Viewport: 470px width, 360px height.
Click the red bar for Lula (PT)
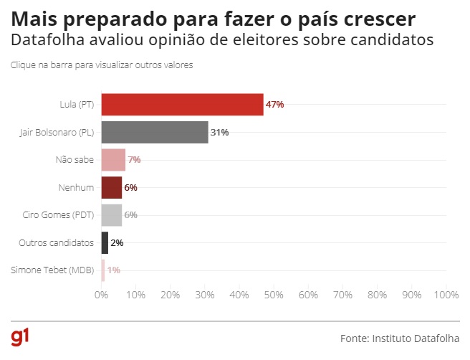point(182,104)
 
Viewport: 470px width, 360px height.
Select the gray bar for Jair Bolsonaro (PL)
point(154,132)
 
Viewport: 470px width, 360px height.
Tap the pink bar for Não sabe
point(113,159)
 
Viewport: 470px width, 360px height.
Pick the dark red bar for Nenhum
point(111,187)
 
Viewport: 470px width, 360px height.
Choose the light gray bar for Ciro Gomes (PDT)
point(111,214)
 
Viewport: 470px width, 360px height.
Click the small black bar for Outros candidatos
point(105,242)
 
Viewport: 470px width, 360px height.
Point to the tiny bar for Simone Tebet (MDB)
point(103,270)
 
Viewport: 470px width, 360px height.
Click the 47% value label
point(275,105)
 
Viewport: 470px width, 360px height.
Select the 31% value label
point(220,132)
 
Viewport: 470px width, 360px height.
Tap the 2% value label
point(117,243)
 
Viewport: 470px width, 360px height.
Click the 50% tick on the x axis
point(274,295)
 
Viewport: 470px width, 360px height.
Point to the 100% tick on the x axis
point(446,295)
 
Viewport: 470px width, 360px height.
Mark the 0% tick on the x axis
point(101,295)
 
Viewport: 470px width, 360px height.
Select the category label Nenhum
point(76,187)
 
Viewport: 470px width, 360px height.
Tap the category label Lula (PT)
point(77,105)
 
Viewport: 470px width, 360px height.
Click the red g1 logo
point(20,337)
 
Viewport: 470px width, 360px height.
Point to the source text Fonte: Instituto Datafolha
point(399,337)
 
